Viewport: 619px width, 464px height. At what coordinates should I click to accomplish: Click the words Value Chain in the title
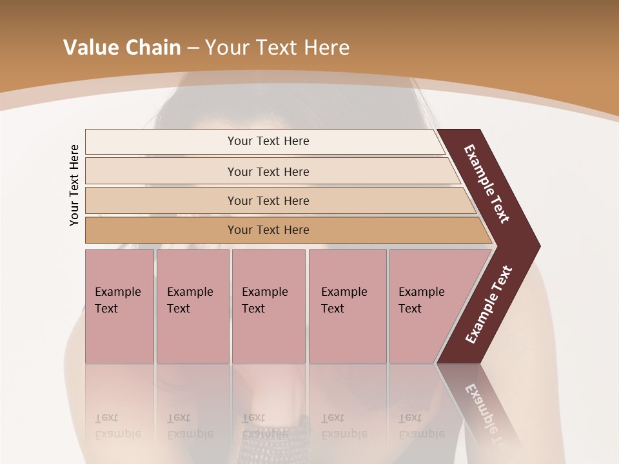coord(122,48)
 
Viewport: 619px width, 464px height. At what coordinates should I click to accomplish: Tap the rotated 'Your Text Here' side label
coord(75,185)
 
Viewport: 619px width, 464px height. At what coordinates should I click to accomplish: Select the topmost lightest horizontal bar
coord(161,142)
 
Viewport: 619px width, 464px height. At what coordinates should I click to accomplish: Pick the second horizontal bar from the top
coord(161,171)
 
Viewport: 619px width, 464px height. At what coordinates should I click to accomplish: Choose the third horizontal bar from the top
coord(161,200)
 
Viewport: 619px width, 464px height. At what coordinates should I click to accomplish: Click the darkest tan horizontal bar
coord(161,230)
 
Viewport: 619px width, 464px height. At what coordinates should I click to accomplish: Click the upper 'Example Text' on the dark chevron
coord(487,184)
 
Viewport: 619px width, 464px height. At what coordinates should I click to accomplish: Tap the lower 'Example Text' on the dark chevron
coord(488,305)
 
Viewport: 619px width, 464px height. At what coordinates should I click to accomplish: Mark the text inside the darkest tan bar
coord(268,230)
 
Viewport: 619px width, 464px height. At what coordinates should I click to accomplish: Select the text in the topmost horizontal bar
coord(268,141)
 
